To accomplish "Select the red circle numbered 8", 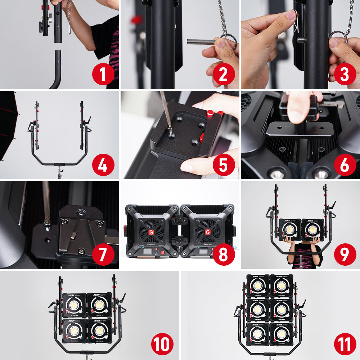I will pos(224,255).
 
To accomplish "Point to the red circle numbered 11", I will pos(345,345).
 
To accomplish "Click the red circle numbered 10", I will pos(162,345).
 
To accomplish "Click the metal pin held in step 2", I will pos(202,42).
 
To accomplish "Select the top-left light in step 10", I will pos(74,305).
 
